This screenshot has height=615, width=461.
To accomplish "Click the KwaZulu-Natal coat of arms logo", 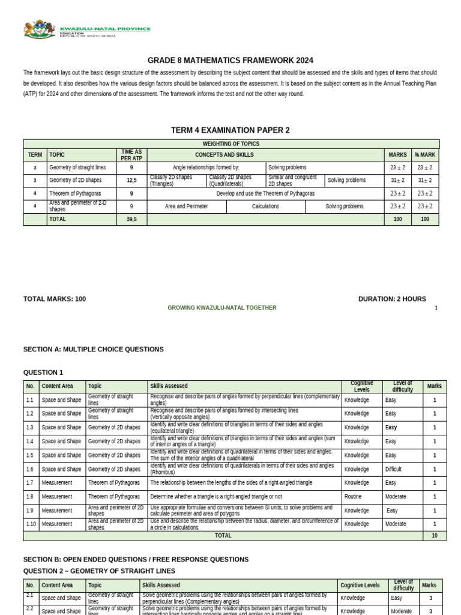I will click(x=40, y=29).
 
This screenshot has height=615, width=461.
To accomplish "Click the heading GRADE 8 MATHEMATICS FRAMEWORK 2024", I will click(x=230, y=61).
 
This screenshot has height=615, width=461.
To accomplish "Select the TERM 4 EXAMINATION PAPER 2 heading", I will click(x=230, y=130).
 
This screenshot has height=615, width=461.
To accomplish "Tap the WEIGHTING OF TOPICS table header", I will click(x=231, y=144).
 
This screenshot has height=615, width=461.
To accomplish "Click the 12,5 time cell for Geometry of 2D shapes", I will click(x=131, y=180).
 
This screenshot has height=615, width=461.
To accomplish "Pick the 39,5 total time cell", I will click(x=131, y=220).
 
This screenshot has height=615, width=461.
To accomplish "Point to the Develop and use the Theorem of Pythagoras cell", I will click(x=265, y=193).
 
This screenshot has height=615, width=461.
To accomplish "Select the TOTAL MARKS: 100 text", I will click(x=54, y=298).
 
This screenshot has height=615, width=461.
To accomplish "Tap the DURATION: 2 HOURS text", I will click(x=392, y=298).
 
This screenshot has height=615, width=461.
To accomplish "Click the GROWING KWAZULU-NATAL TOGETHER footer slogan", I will click(x=222, y=308).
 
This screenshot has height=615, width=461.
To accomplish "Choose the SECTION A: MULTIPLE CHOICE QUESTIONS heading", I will click(x=93, y=349).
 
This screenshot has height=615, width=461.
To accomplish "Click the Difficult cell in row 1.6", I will click(x=394, y=469).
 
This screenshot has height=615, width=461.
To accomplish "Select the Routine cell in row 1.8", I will click(x=355, y=497).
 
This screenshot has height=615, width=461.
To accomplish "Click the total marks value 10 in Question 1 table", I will click(x=435, y=535).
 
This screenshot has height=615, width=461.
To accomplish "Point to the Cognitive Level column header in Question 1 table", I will click(x=362, y=386).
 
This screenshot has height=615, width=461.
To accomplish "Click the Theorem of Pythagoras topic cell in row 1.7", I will click(x=114, y=483).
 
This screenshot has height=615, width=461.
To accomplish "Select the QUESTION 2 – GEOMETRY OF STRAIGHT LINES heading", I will click(x=99, y=570).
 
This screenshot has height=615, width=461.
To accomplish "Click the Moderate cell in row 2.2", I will click(x=401, y=611).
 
